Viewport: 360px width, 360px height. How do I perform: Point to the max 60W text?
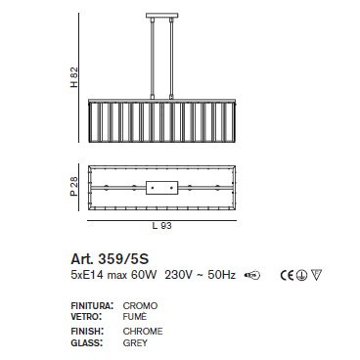pyautogui.click(x=129, y=276)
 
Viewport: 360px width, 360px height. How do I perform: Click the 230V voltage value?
pyautogui.click(x=179, y=276)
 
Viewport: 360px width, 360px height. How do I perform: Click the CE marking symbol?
pyautogui.click(x=288, y=276)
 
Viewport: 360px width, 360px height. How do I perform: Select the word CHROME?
pyautogui.click(x=143, y=332)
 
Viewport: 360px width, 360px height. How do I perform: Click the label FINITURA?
pyautogui.click(x=92, y=306)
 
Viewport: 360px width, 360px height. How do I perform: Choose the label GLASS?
pyautogui.click(x=86, y=342)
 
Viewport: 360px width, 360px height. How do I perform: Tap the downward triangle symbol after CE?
pyautogui.click(x=315, y=276)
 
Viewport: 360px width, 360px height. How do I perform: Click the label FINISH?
pyautogui.click(x=87, y=332)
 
